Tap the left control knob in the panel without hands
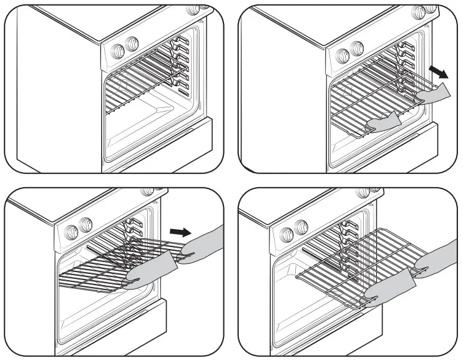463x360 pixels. (117, 49)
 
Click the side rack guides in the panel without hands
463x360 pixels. (180, 62)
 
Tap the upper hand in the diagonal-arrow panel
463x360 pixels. (435, 94)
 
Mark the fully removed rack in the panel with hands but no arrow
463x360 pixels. (349, 262)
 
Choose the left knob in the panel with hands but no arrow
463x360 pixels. (287, 234)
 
